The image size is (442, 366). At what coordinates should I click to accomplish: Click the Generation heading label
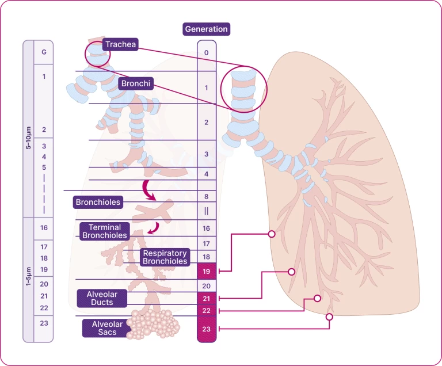tap(206, 29)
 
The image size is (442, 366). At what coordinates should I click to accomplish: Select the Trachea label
tap(120, 44)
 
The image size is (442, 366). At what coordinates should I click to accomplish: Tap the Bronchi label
tap(136, 83)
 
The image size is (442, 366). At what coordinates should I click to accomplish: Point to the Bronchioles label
tap(98, 202)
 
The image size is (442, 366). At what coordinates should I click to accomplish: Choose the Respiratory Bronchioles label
tap(165, 257)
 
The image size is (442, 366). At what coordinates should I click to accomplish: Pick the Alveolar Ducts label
tap(100, 298)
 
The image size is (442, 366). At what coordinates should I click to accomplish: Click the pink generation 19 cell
tap(207, 270)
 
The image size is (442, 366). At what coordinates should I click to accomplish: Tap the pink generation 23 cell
tap(207, 329)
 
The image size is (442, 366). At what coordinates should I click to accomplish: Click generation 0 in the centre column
tap(207, 53)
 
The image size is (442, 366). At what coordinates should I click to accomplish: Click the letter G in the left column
tap(44, 52)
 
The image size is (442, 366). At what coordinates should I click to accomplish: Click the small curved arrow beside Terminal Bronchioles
tap(153, 230)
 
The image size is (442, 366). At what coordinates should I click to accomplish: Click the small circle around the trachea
tap(97, 54)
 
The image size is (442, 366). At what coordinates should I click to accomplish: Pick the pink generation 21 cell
tap(207, 298)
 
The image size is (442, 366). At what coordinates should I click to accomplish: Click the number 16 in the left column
tap(44, 228)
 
